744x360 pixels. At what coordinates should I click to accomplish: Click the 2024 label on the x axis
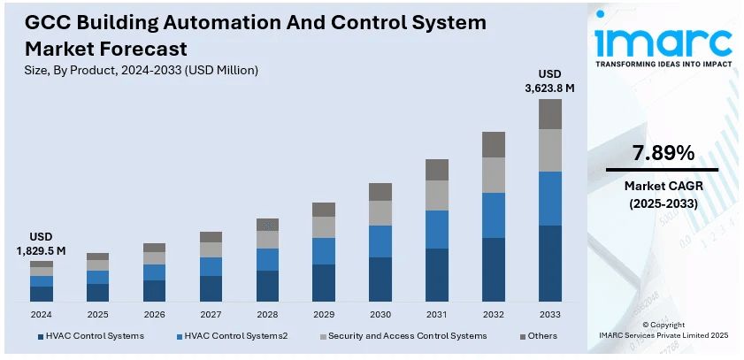click(41, 314)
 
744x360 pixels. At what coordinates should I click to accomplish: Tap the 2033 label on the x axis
click(550, 314)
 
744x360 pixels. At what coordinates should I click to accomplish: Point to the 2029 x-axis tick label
click(324, 314)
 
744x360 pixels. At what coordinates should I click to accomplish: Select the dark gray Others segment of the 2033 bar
click(550, 114)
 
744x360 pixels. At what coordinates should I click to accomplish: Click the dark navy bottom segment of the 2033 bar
click(550, 264)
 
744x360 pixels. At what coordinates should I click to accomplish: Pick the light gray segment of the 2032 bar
click(494, 175)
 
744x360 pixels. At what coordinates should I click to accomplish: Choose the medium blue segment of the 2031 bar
click(437, 229)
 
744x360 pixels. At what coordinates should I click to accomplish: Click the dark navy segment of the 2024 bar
click(42, 294)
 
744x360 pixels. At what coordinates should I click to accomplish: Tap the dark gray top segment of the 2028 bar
click(267, 225)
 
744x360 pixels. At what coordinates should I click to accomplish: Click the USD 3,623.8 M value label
click(550, 80)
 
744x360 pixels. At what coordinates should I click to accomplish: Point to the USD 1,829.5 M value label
click(41, 244)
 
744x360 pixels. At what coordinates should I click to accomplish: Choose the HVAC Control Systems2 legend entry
click(236, 336)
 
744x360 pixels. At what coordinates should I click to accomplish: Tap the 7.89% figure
click(662, 153)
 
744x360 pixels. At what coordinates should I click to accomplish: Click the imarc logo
click(663, 41)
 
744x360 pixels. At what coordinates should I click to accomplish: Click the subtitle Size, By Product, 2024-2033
click(142, 70)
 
